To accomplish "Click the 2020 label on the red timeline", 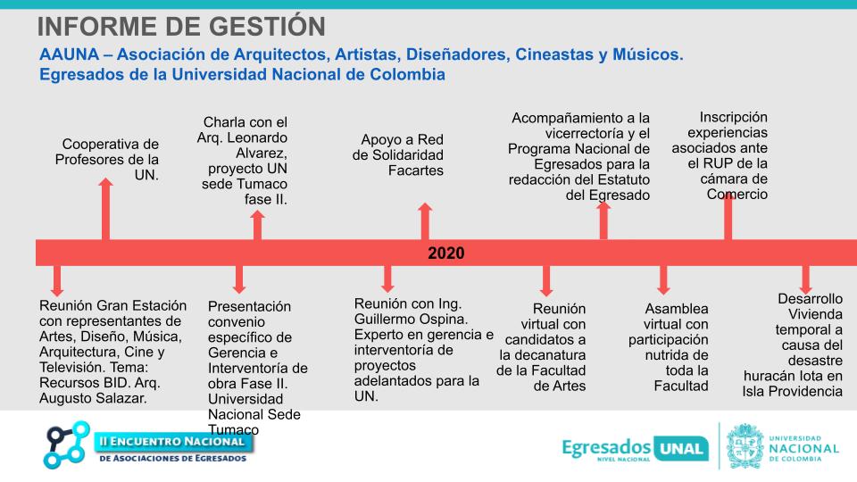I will click(445, 253).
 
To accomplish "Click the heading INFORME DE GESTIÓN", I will click(181, 27).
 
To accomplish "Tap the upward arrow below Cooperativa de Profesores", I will click(106, 209).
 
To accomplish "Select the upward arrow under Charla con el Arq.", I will click(257, 225).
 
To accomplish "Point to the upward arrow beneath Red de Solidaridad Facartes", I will click(425, 221).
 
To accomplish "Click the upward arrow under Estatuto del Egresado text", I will click(604, 220).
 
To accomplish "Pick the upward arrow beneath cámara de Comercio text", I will click(728, 215).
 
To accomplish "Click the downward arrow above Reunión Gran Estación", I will click(57, 280).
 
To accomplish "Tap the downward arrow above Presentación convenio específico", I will click(238, 280).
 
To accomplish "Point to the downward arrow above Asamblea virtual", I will click(662, 280).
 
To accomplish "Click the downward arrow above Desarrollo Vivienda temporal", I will click(805, 278).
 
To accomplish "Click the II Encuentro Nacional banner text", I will click(171, 441).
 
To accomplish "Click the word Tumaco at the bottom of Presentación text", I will click(233, 429).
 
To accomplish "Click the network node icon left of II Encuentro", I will click(66, 444).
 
